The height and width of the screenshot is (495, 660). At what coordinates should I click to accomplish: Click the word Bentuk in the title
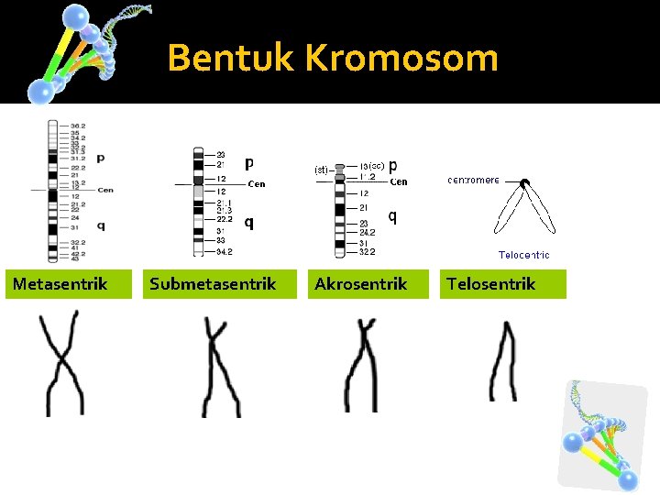232,59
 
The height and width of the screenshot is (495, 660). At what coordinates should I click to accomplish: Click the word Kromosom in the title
401,59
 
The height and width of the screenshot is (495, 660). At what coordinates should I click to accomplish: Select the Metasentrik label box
60,284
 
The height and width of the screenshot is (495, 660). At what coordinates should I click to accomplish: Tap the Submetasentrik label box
213,284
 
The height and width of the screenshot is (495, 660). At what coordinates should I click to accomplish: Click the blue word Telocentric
523,255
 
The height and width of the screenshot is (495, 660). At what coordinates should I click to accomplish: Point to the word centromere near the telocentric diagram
473,181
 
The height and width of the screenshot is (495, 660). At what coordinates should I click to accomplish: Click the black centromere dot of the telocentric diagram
524,183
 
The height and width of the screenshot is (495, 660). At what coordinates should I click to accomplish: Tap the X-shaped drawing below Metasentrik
60,363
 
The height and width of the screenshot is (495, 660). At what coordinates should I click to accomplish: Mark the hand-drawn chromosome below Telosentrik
503,361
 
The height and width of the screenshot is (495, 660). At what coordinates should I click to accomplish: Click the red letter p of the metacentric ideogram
100,159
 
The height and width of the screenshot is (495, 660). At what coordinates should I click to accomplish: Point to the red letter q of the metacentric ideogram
100,225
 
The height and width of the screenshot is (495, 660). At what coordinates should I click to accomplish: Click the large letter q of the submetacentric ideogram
249,221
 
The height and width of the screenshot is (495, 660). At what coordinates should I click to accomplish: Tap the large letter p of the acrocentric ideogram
392,165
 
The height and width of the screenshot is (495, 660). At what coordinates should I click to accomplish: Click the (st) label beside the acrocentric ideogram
321,170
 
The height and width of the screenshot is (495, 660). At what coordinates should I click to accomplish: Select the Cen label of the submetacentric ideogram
257,184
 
